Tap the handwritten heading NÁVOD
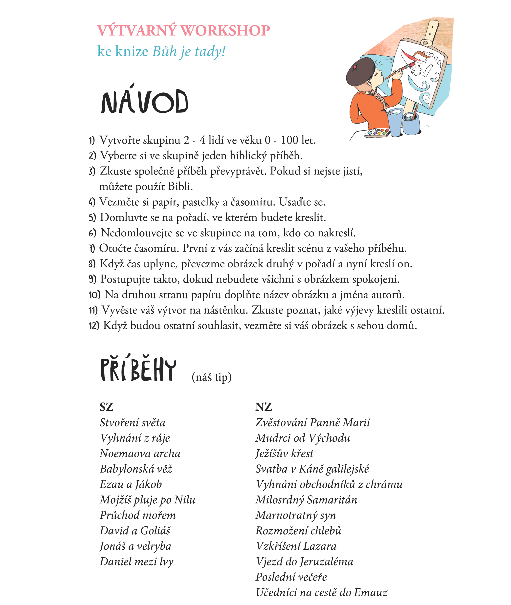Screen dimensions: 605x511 click(x=145, y=101)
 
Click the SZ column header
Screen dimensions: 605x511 click(x=106, y=407)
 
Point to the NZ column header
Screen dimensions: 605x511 click(x=263, y=407)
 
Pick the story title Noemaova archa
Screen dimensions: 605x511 click(x=140, y=454)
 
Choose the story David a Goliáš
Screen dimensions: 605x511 click(x=135, y=531)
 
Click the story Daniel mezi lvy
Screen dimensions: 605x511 click(x=136, y=562)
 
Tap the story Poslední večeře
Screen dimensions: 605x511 click(x=291, y=577)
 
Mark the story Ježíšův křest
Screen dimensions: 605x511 click(x=284, y=454)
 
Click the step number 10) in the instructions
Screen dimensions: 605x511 click(x=94, y=295)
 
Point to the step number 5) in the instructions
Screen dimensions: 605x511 click(x=92, y=217)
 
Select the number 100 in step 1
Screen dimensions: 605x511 click(x=289, y=140)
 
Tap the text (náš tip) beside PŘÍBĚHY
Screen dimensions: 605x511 click(x=211, y=377)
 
